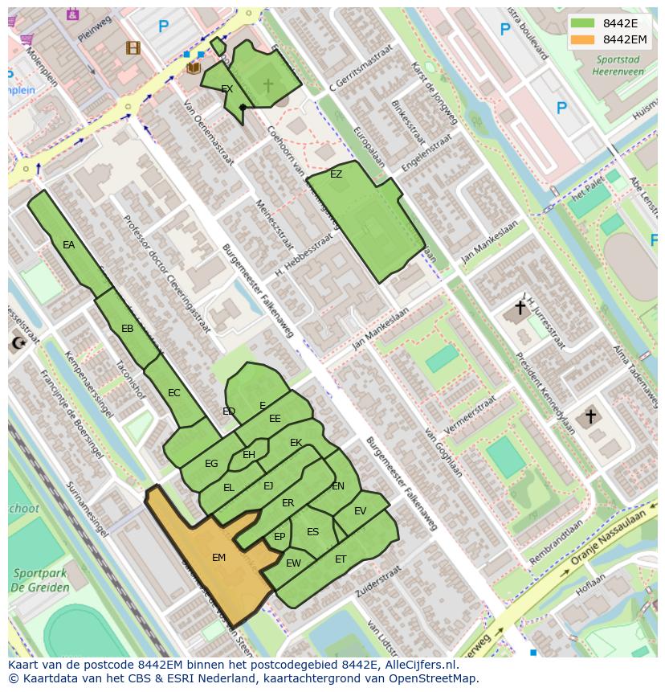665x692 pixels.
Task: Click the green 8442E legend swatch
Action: coord(583,23)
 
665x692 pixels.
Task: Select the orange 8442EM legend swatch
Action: coord(583,39)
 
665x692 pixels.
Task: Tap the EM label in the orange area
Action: coord(218,557)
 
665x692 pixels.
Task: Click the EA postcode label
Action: coord(68,245)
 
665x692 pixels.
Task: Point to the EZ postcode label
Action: coord(336,174)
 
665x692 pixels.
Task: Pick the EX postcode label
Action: coord(226,88)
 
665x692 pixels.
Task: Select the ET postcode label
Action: coord(341,559)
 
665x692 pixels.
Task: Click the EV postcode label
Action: coord(360,511)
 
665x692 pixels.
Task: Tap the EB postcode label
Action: coord(127,329)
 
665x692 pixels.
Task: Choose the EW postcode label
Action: coord(293,563)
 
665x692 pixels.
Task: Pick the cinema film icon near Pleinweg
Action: coord(133,48)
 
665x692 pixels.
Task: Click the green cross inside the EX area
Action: coord(267,84)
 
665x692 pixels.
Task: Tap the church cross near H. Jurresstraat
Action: coord(520,307)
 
